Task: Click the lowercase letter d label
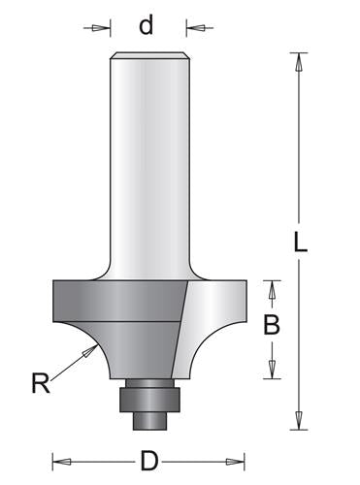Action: [x=147, y=25]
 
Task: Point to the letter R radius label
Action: [x=39, y=384]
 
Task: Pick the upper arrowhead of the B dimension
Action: [x=273, y=287]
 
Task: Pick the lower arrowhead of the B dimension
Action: [x=273, y=369]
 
